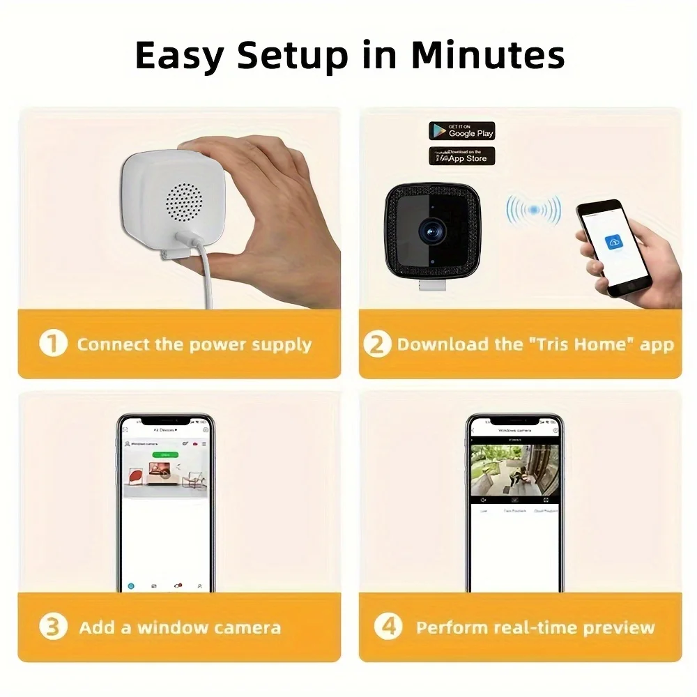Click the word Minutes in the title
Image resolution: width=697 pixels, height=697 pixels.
click(x=487, y=56)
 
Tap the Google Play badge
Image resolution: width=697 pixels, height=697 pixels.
click(x=461, y=131)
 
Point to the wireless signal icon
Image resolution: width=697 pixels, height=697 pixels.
click(x=533, y=209)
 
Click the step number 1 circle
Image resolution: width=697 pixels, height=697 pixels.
click(x=53, y=344)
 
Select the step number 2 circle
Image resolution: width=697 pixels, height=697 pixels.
click(x=377, y=344)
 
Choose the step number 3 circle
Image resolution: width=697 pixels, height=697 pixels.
click(x=53, y=627)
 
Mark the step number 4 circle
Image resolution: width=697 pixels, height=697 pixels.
click(x=388, y=627)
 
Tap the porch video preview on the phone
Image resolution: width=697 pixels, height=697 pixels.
click(x=514, y=470)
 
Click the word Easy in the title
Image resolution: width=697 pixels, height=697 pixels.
click(x=178, y=56)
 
